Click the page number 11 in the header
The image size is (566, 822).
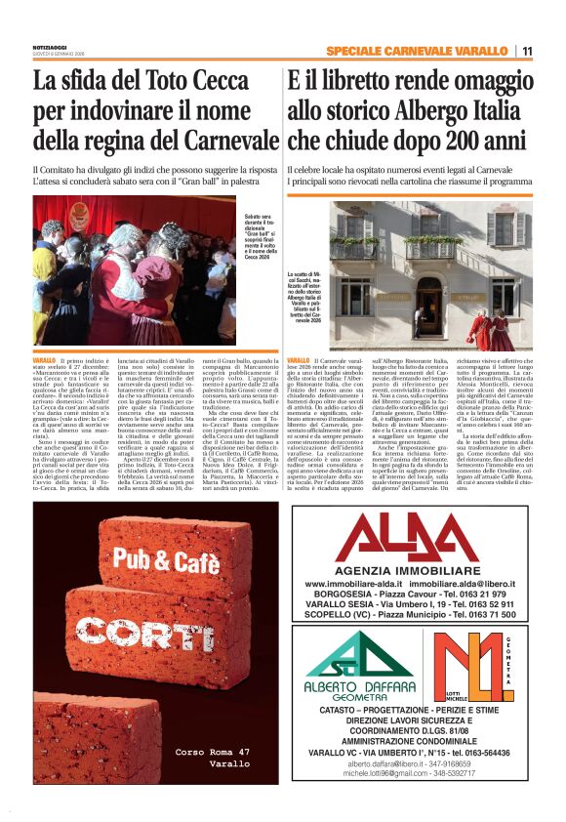(527, 51)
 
